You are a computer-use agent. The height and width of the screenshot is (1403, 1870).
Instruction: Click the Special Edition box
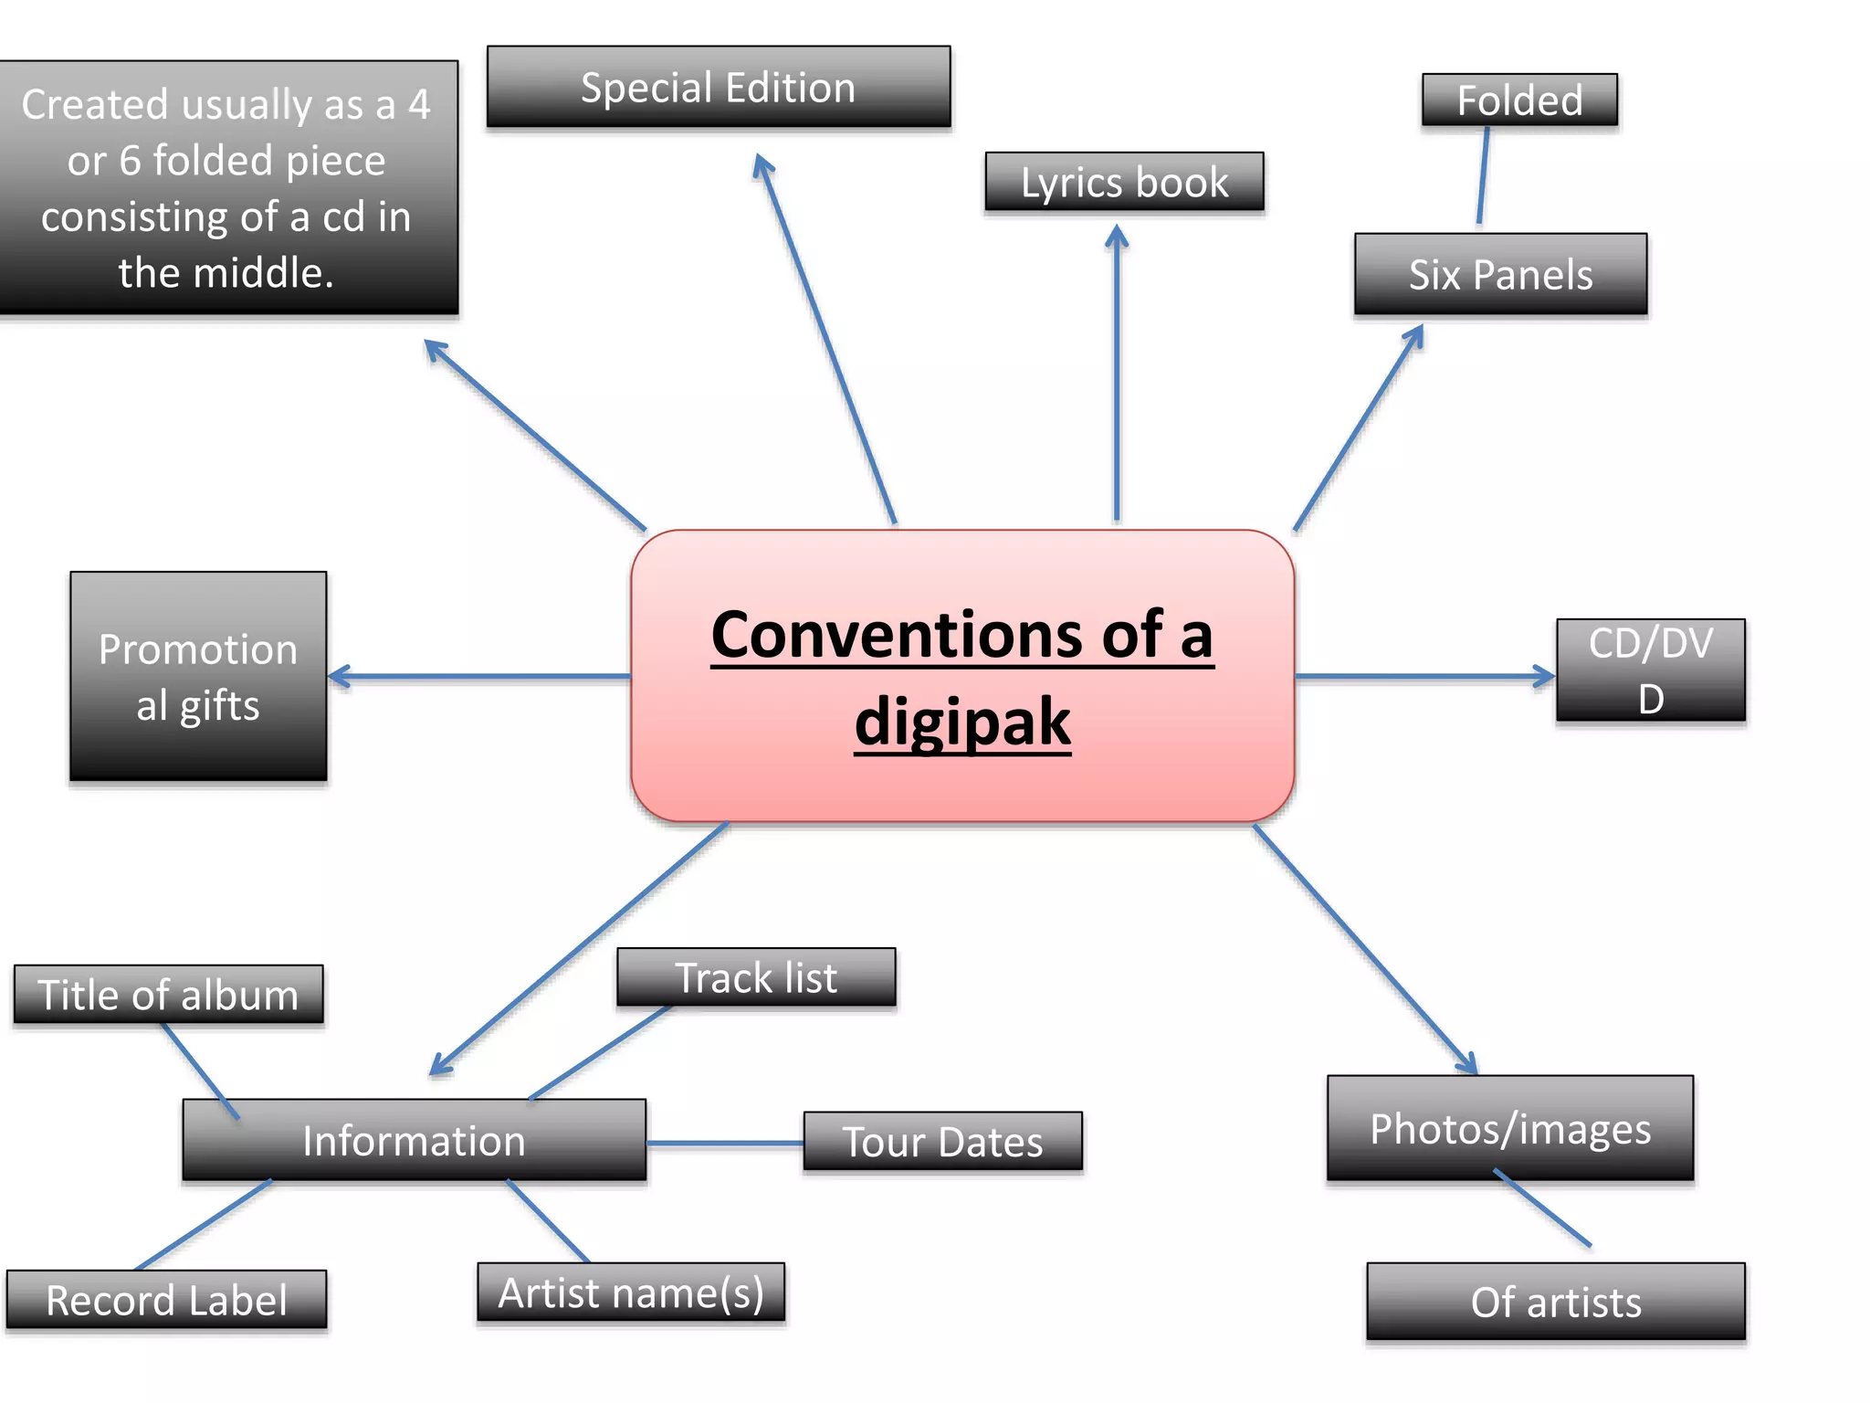click(x=719, y=88)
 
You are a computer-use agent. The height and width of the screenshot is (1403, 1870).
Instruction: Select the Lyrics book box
click(x=1124, y=183)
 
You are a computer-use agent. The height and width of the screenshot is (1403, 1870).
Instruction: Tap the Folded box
click(x=1519, y=100)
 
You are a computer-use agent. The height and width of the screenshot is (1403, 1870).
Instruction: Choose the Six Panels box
click(x=1500, y=275)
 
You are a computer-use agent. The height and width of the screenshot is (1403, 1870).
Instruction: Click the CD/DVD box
click(x=1650, y=671)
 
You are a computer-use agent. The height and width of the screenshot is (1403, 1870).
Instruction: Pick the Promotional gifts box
click(x=198, y=677)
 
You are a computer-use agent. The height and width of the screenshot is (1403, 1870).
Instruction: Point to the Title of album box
click(x=169, y=995)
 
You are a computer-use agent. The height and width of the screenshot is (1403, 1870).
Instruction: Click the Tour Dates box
click(x=942, y=1142)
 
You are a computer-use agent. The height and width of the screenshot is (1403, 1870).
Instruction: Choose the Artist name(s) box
click(x=631, y=1292)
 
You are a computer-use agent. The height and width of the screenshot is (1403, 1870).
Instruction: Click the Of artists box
click(x=1555, y=1302)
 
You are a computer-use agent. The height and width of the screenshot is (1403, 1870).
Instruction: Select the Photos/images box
click(x=1510, y=1129)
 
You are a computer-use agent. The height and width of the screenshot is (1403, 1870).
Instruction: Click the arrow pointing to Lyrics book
click(x=1117, y=374)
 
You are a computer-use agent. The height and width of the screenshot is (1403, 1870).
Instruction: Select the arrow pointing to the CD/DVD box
click(x=1424, y=677)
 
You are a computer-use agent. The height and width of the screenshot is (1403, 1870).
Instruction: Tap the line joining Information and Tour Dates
click(x=725, y=1143)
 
